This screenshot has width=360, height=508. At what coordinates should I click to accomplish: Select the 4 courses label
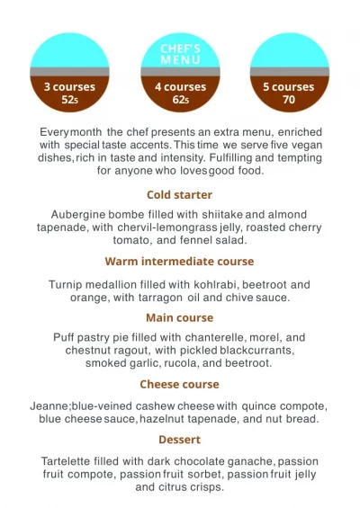[x=180, y=87]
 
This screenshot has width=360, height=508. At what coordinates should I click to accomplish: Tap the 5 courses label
[x=289, y=87]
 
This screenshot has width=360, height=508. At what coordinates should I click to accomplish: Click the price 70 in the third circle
[x=289, y=100]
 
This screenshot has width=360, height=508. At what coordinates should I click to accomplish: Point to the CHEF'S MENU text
[x=180, y=54]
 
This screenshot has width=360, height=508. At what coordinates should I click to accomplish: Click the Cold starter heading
[x=180, y=194]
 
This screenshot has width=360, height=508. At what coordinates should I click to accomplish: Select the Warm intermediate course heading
[x=180, y=262]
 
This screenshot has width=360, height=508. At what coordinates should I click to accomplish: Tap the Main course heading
[x=180, y=317]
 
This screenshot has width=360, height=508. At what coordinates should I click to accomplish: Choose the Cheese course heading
[x=180, y=384]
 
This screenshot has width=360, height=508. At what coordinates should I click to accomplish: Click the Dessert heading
[x=180, y=440]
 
